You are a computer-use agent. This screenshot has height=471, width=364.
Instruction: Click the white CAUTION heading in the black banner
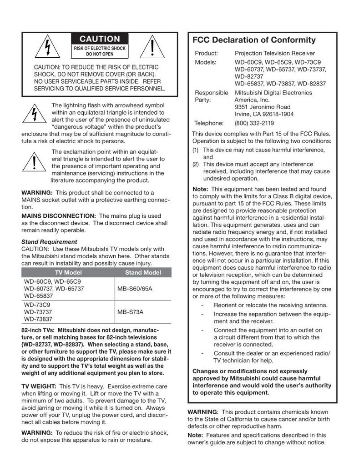click(x=100, y=39)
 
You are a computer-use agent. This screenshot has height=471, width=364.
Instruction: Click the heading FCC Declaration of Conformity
click(x=254, y=40)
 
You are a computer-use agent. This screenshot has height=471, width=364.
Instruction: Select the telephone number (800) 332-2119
click(x=254, y=123)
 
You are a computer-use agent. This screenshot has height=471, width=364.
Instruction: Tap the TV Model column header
click(x=68, y=272)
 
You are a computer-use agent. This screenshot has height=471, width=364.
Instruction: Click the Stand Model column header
click(x=143, y=272)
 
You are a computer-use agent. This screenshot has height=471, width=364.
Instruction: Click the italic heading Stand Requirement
click(x=49, y=241)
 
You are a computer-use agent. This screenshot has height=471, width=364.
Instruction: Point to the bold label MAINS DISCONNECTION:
click(x=59, y=215)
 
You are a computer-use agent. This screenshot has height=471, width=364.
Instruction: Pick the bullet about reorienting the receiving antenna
click(x=270, y=305)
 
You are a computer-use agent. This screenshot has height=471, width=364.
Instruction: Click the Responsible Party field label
click(x=211, y=96)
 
